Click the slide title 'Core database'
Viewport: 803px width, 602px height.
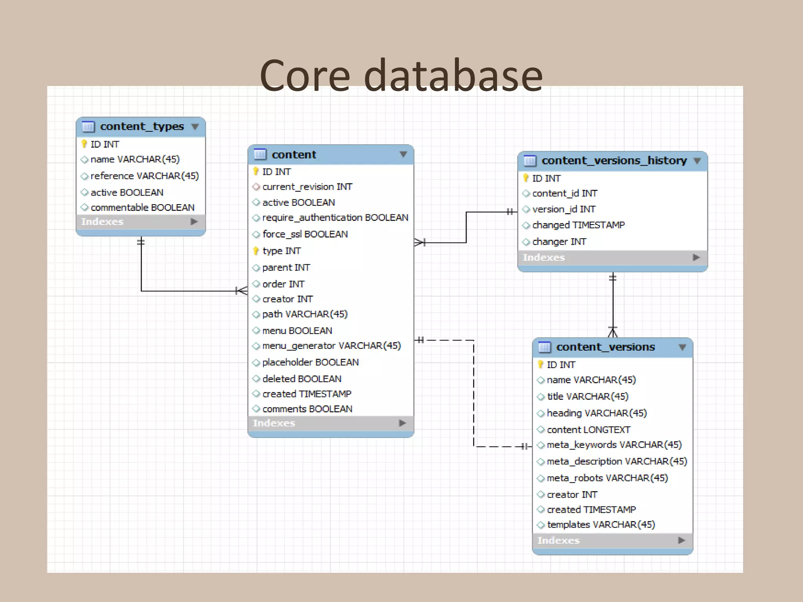click(401, 75)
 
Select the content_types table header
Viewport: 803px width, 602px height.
click(142, 127)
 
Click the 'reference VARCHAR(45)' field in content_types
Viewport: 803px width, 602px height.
click(144, 176)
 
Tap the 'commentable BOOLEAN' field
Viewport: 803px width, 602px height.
click(142, 207)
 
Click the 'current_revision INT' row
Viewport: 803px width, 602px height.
click(307, 187)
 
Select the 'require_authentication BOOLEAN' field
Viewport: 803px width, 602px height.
click(335, 218)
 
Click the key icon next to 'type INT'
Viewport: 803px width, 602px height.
click(256, 251)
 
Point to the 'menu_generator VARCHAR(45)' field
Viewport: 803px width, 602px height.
click(331, 346)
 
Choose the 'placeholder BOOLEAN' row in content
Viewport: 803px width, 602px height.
click(310, 362)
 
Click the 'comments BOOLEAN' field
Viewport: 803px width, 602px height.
click(307, 409)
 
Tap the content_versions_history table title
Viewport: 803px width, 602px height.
click(614, 161)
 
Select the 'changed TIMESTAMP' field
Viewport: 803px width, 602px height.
click(578, 225)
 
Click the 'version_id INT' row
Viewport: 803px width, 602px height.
click(563, 209)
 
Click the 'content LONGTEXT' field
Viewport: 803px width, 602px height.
click(588, 430)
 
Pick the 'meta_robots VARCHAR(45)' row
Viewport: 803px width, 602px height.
click(607, 478)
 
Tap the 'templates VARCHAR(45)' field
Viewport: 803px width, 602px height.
click(601, 524)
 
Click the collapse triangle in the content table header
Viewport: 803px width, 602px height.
click(403, 154)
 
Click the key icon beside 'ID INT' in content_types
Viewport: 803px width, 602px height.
click(84, 144)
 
